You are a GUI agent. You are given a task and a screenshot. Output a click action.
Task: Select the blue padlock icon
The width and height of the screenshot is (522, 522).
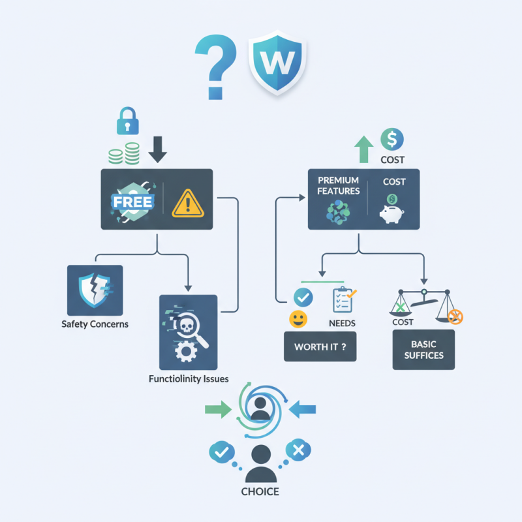127,121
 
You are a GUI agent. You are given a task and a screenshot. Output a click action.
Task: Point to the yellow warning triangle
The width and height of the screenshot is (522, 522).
188,203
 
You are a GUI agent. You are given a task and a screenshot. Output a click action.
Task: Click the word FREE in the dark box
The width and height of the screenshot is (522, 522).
132,202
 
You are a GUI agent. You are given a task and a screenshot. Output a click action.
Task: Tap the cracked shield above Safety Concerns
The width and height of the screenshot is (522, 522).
95,290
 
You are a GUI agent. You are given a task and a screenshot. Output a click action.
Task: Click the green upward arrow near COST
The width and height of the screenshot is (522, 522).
362,149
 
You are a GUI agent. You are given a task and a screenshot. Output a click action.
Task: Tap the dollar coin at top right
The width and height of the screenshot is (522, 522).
391,139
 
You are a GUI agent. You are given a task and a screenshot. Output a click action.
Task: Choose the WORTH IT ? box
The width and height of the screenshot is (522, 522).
320,346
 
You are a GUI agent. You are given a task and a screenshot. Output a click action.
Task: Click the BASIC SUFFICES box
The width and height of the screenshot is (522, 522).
423,350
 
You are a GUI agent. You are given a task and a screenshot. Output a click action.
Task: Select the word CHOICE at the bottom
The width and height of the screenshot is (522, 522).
261,491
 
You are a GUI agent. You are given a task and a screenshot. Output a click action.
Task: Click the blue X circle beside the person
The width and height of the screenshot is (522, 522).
299,450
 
